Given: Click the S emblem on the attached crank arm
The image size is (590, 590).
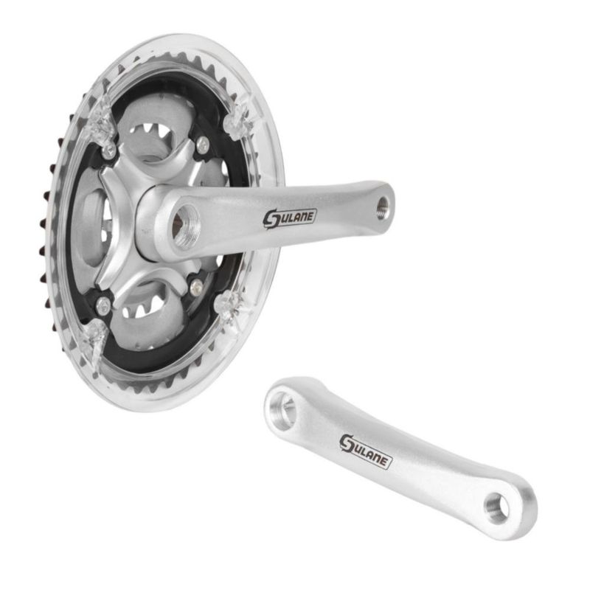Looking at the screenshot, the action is pyautogui.click(x=270, y=218).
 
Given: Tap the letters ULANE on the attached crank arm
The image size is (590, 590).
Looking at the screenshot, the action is pyautogui.click(x=296, y=216).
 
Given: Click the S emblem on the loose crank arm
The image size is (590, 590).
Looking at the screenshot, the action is pyautogui.click(x=347, y=444).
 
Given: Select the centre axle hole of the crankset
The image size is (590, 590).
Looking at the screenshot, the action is pyautogui.click(x=187, y=226).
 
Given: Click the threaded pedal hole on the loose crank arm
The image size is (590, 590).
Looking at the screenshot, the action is pyautogui.click(x=496, y=508).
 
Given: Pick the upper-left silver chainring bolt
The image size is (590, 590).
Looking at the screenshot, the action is pyautogui.click(x=109, y=150).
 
